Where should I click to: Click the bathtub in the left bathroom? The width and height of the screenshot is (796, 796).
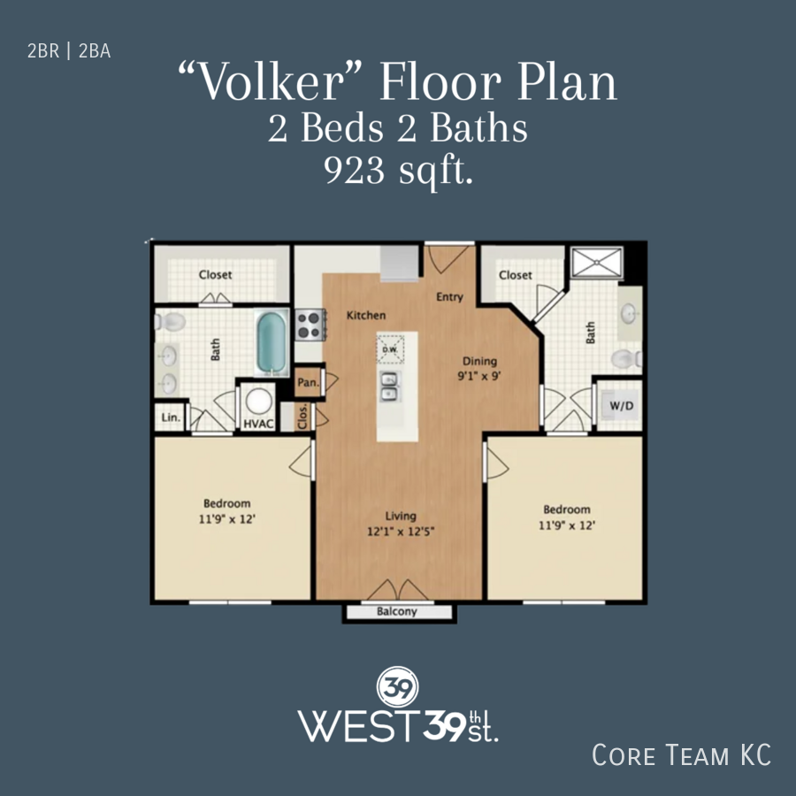[x=272, y=343]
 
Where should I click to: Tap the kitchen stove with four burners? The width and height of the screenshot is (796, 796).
[x=309, y=325]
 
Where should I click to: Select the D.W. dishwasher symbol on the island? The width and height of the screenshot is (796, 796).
[x=390, y=348]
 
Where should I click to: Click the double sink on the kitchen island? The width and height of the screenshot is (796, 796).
[x=389, y=387]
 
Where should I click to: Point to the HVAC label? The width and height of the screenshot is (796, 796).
[x=258, y=424]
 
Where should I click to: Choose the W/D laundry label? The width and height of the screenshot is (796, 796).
[x=622, y=406]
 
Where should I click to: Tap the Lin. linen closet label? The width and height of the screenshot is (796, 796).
[x=171, y=417]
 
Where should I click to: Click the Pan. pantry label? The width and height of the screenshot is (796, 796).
[x=308, y=382]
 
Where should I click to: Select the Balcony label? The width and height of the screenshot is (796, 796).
[x=397, y=612]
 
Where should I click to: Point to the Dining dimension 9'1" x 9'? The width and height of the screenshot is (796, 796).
[x=479, y=376]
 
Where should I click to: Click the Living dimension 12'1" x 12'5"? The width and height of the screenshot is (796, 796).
[x=401, y=532]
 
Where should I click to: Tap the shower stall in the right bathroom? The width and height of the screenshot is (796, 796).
[x=597, y=263]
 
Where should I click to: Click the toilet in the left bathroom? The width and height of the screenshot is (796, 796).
[x=170, y=321]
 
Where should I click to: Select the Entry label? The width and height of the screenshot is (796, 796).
[x=450, y=297]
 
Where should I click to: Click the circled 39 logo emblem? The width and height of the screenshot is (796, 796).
[x=398, y=686]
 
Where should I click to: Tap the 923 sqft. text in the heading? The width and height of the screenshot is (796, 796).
[x=399, y=171]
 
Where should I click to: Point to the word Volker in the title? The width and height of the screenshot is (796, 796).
[x=270, y=82]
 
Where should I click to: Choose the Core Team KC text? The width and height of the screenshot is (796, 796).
[x=681, y=754]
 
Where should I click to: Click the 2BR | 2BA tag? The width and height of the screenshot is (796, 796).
[x=69, y=51]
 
